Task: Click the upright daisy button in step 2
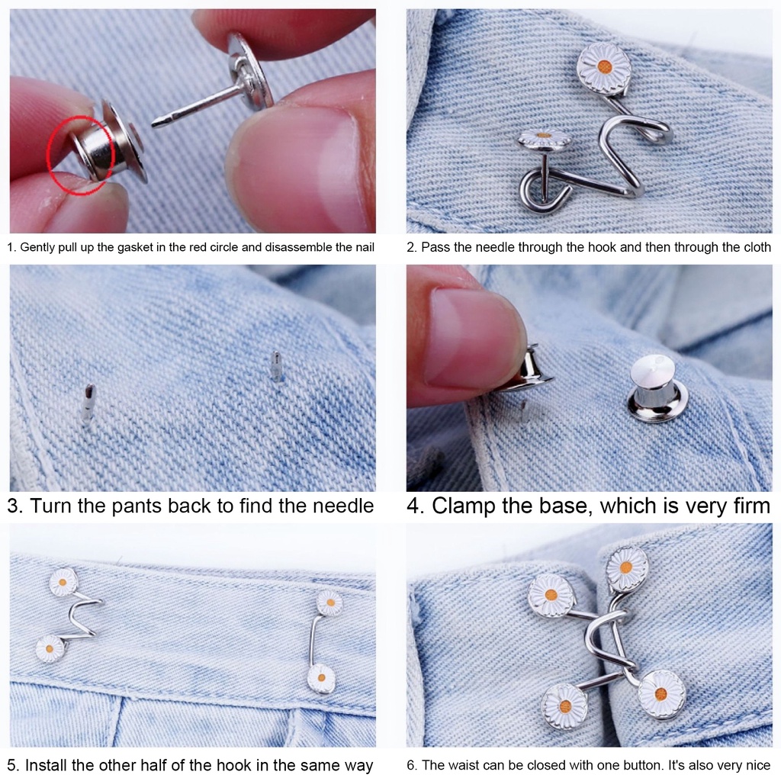pyautogui.click(x=603, y=69)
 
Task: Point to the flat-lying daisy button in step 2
pyautogui.click(x=544, y=139)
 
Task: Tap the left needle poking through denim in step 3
pyautogui.click(x=88, y=402)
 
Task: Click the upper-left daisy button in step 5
pyautogui.click(x=63, y=582)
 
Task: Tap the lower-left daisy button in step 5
pyautogui.click(x=50, y=648)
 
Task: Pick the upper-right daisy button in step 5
pyautogui.click(x=329, y=603)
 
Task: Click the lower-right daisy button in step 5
pyautogui.click(x=321, y=677)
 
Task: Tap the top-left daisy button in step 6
pyautogui.click(x=551, y=595)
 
